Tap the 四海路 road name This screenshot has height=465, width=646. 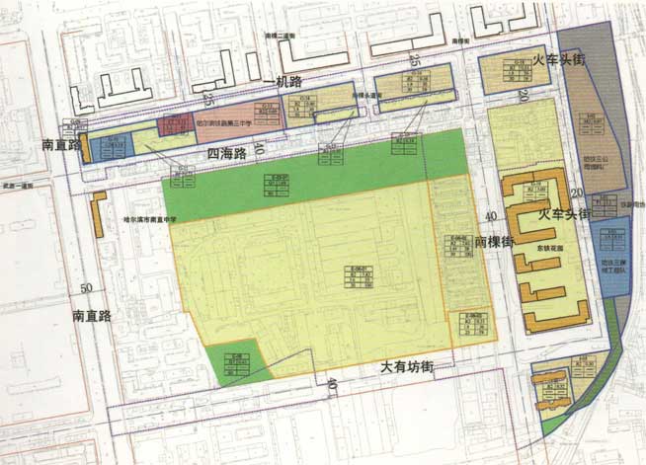227,155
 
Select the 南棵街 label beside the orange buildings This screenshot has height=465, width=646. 495,241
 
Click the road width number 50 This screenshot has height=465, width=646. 86,287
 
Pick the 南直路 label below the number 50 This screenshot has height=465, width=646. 96,317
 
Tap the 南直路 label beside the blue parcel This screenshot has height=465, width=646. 60,143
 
